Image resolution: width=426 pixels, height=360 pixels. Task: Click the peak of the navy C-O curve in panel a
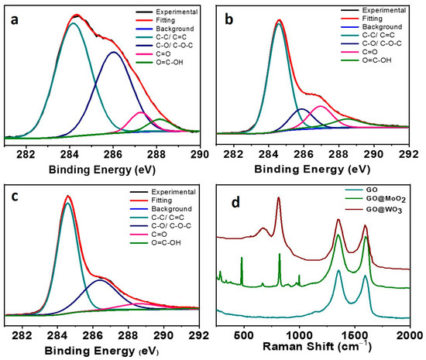(114, 52)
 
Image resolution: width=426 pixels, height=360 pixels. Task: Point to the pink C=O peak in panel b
(320, 105)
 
